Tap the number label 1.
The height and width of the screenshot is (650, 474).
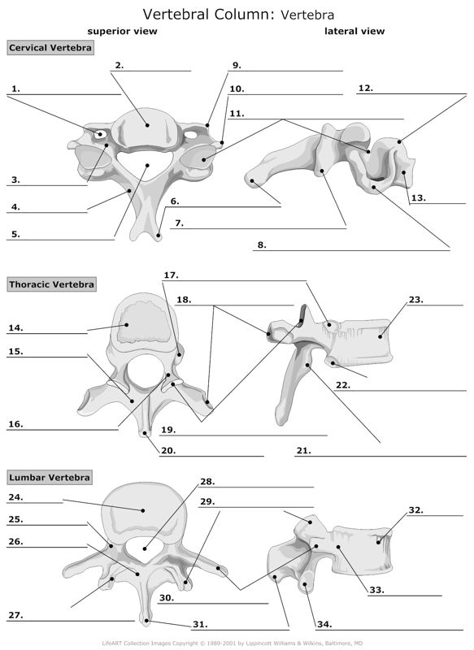click(15, 88)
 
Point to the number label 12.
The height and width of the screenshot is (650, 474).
click(365, 88)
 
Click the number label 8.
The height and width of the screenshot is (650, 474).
click(261, 244)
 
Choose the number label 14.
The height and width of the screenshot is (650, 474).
click(15, 328)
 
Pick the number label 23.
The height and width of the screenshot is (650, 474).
click(415, 299)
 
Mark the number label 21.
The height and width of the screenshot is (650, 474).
click(303, 449)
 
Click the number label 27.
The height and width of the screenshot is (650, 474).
click(15, 615)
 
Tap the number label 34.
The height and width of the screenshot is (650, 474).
click(324, 624)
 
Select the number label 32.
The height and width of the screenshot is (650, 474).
click(415, 510)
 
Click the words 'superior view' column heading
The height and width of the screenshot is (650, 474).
click(122, 31)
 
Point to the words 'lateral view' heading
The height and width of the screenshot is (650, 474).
click(354, 31)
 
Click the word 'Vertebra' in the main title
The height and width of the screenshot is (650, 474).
click(307, 14)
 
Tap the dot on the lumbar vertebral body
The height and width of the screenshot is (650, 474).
click(143, 510)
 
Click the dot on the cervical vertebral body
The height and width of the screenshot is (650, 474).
click(147, 124)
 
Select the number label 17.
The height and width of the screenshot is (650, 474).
click(171, 275)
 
